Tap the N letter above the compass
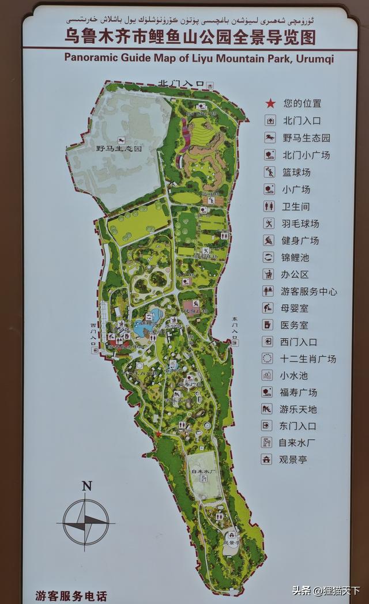pos(86,486)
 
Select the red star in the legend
pos(269,104)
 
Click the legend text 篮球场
pos(296,172)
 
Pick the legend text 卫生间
pos(296,206)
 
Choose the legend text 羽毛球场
pos(300,224)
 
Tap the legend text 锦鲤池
pos(296,258)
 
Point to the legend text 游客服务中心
pos(308,292)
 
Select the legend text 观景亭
pos(293,460)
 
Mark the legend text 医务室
pos(294,325)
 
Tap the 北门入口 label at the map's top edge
pos(181,84)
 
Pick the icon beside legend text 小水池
pos(268,375)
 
